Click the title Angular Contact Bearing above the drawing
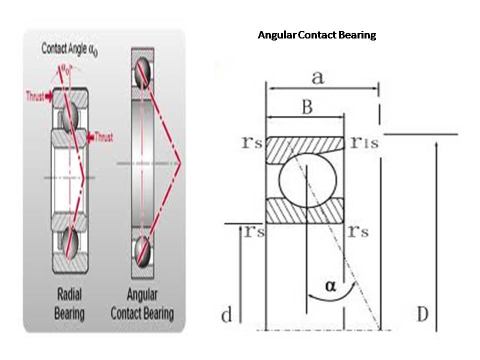[x=316, y=35]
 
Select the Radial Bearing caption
[x=69, y=303]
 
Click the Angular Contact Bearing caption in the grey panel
[x=142, y=303]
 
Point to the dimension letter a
[x=317, y=77]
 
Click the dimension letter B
[x=307, y=106]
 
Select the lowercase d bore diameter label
[x=226, y=315]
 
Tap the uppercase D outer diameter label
[x=422, y=314]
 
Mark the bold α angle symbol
[x=330, y=285]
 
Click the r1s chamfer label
[x=364, y=143]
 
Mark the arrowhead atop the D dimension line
[x=437, y=144]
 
